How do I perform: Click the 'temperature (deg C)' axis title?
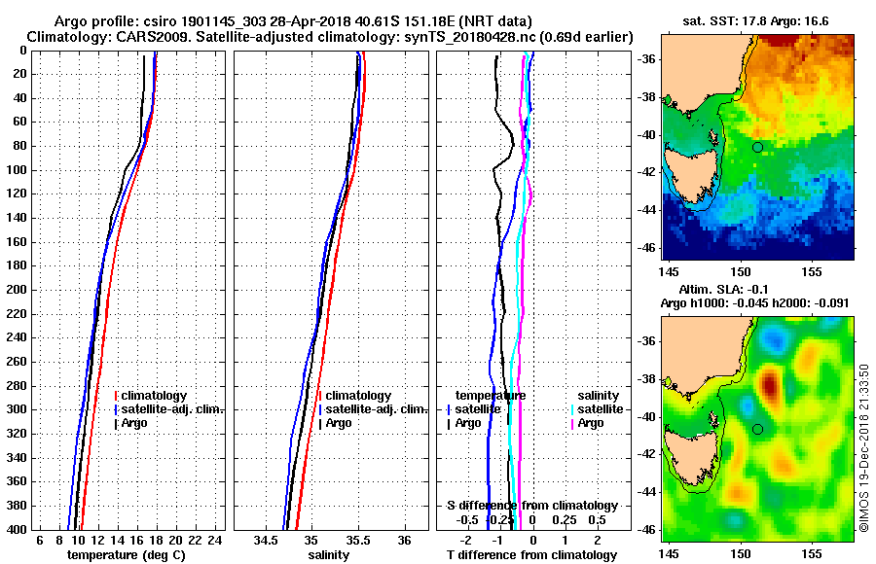pos(126,555)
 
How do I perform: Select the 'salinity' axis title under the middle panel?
pos(329,555)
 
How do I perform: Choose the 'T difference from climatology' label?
pos(531,555)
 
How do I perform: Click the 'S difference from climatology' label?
pos(531,506)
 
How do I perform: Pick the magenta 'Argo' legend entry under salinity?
pos(590,423)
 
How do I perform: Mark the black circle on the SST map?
pos(757,147)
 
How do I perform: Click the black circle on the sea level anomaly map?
pos(757,429)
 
